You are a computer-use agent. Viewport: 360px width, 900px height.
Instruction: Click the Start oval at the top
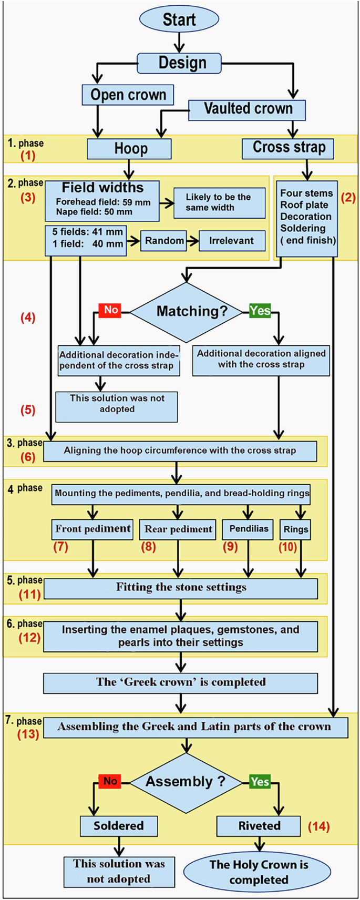pos(179,19)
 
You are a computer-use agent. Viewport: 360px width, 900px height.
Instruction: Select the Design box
pos(179,63)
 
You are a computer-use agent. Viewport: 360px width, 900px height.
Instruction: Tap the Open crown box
pos(128,95)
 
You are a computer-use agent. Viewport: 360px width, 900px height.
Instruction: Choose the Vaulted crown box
pos(247,109)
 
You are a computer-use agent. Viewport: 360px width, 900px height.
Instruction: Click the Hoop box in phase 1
pos(129,149)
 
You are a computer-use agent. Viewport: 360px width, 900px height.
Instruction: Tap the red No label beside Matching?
pos(110,310)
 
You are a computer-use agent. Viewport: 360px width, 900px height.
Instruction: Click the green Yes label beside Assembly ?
pos(260,782)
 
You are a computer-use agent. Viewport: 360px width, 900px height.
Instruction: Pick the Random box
pos(164,241)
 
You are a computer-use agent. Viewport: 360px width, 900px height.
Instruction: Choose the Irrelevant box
pos(232,241)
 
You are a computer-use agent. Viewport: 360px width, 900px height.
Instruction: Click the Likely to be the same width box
pos(219,202)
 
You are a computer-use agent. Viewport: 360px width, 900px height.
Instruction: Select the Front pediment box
pos(93,529)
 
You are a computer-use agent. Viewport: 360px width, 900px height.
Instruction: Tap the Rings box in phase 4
pos(296,529)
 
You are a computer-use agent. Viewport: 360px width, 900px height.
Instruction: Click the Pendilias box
pos(248,529)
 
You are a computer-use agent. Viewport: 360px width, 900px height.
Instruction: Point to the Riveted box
pos(259,826)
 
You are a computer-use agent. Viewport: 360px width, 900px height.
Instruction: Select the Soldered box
pos(119,826)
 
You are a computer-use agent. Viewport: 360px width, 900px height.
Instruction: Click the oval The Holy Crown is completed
pos(258,872)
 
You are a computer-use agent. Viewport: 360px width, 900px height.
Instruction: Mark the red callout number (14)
pos(318,826)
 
